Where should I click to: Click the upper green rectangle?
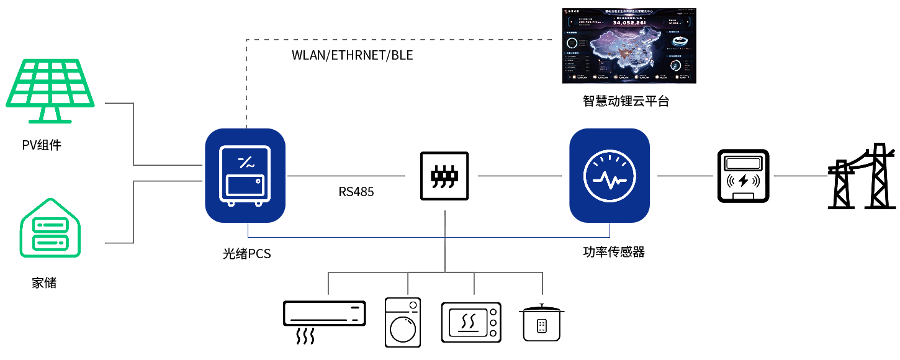pyautogui.click(x=53, y=90)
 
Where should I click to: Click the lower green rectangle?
pyautogui.click(x=46, y=224)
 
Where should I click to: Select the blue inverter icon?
pyautogui.click(x=245, y=176)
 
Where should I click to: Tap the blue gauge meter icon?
pyautogui.click(x=609, y=176)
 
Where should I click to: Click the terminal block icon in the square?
pyautogui.click(x=444, y=176)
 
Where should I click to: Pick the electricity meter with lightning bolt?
pyautogui.click(x=743, y=176)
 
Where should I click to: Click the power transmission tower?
pyautogui.click(x=862, y=176)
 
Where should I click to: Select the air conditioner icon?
pyautogui.click(x=324, y=313)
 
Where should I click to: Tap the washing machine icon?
pyautogui.click(x=402, y=322)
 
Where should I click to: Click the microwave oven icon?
pyautogui.click(x=470, y=322)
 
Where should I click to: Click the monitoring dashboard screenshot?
pyautogui.click(x=629, y=46)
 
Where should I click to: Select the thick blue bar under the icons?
pyautogui.click(x=428, y=231)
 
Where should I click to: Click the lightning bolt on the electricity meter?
pyautogui.click(x=743, y=182)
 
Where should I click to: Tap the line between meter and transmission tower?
pyautogui.click(x=801, y=176)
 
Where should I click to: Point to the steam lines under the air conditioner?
pyautogui.click(x=305, y=337)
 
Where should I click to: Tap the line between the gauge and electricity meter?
pyautogui.click(x=685, y=176)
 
